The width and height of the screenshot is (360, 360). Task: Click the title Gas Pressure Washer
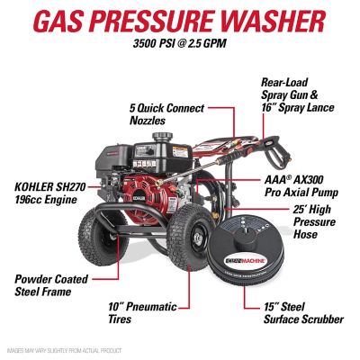180,20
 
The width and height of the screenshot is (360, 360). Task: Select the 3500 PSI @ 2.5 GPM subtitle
180,44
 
